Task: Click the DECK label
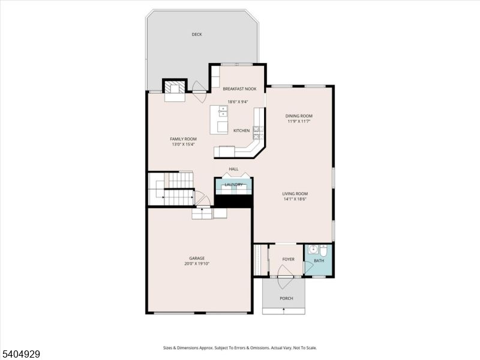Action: pos(197,35)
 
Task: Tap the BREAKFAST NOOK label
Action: pos(239,89)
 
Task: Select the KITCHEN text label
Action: pos(241,131)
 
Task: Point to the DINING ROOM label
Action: pos(298,116)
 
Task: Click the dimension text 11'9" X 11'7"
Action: pos(298,122)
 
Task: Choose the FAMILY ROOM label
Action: pos(183,139)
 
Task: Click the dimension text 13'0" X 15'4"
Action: pos(183,145)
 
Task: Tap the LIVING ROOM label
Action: pos(295,193)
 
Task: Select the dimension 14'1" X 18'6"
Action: pos(295,199)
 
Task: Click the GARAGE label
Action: pos(197,258)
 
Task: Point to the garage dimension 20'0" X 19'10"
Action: pos(197,264)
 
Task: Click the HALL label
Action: pos(233,169)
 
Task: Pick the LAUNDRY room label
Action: pos(233,185)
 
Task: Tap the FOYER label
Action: pos(289,259)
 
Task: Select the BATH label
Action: pos(319,260)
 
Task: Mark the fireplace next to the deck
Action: pos(175,88)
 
